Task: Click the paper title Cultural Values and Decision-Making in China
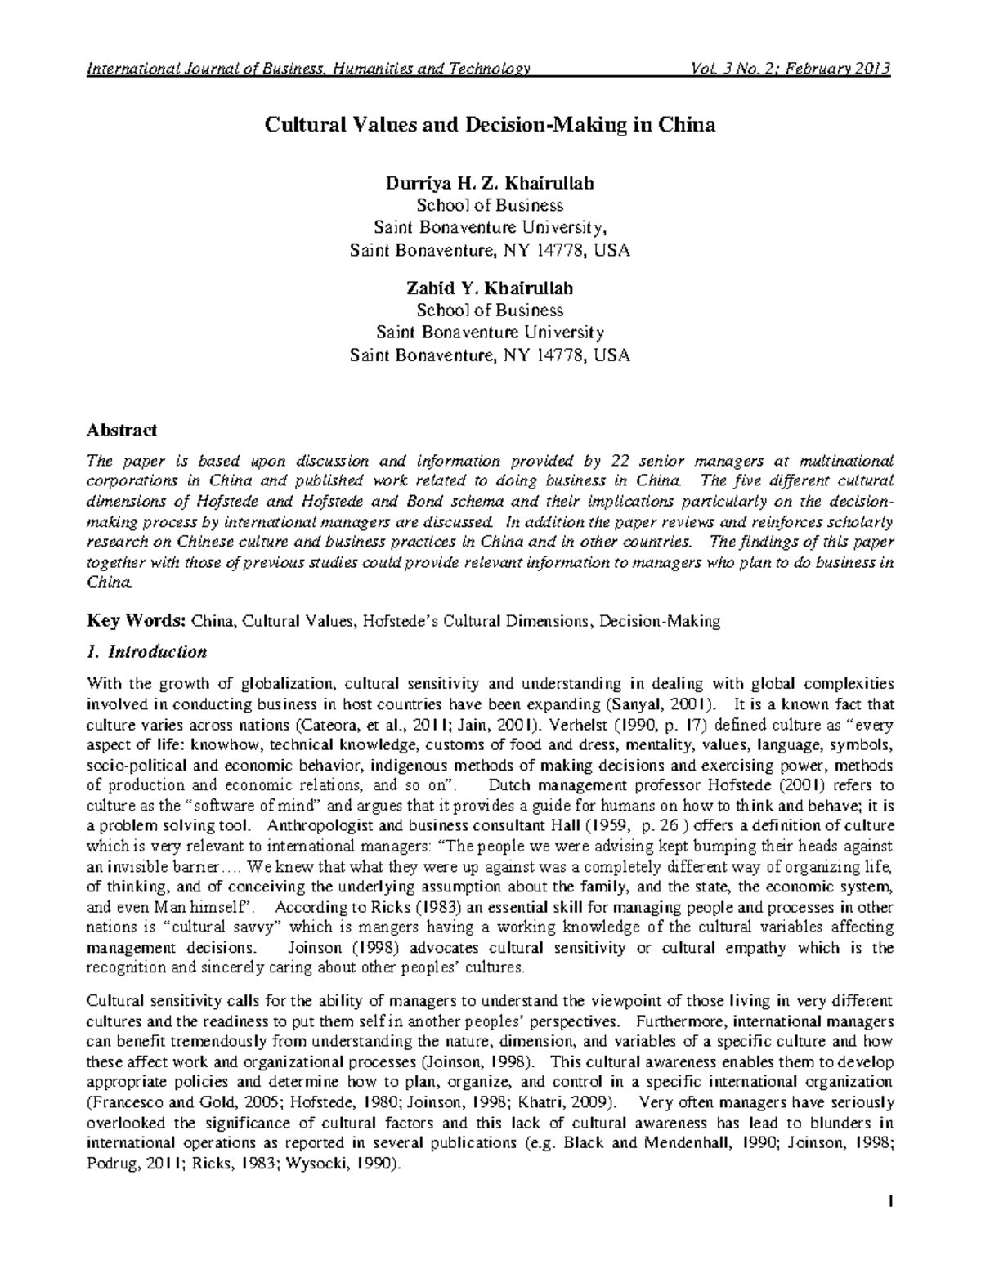pos(489,125)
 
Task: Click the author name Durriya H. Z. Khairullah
pos(490,183)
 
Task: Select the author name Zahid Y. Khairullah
pos(490,288)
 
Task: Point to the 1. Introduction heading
pos(147,652)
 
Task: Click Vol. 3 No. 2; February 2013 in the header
pos(791,68)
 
